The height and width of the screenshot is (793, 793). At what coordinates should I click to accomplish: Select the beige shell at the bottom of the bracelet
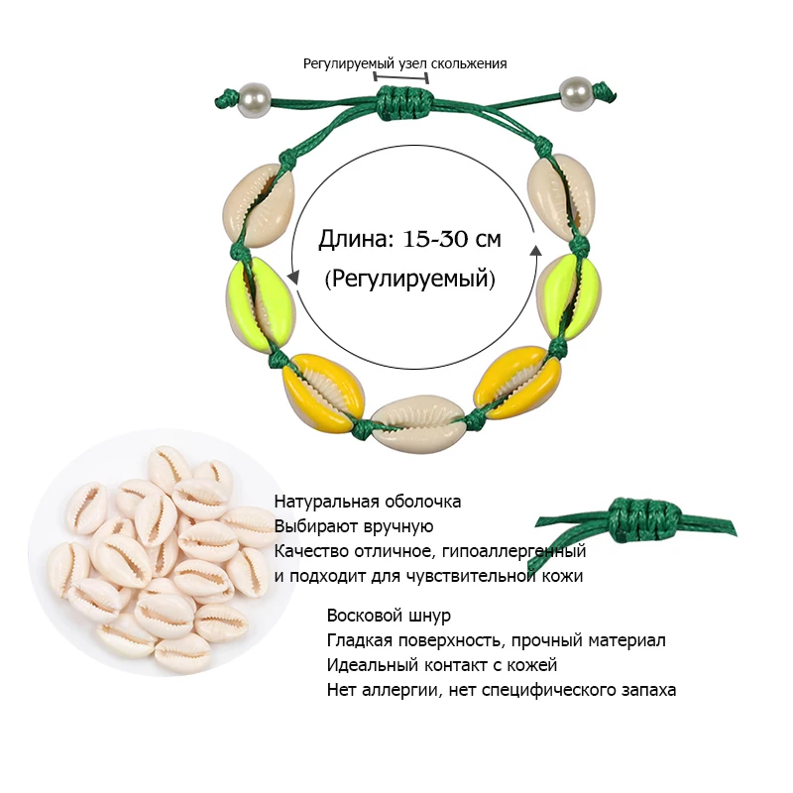click(418, 424)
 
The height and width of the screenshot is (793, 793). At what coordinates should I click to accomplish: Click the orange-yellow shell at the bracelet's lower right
click(517, 382)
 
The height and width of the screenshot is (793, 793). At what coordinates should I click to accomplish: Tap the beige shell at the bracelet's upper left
click(259, 205)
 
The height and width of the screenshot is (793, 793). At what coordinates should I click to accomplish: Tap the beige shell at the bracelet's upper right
click(561, 197)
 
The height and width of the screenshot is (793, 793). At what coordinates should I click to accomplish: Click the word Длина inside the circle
click(356, 239)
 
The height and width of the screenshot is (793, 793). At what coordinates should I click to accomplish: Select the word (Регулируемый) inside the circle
click(409, 279)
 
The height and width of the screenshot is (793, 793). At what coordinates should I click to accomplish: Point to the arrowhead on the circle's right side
click(535, 252)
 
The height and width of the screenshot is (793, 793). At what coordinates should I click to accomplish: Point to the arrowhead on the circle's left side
click(292, 277)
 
